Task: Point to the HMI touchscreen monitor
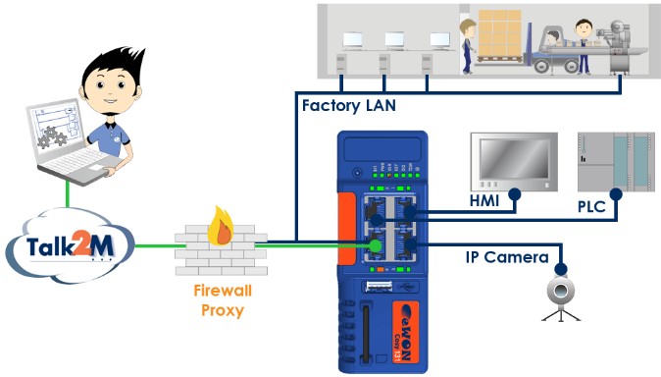tap(510, 160)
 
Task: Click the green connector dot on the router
tap(374, 242)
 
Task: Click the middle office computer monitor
tap(394, 41)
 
